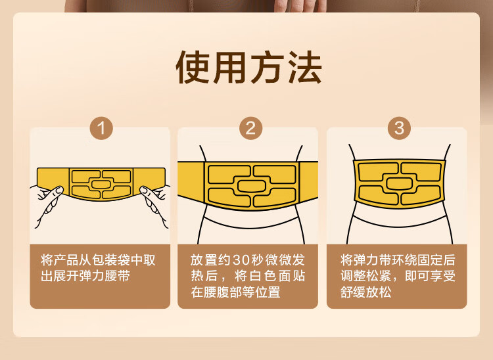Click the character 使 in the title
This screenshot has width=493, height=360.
coord(193,67)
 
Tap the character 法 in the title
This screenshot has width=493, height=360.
coord(305,67)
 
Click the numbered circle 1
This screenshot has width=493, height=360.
coord(101,128)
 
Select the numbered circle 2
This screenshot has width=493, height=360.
coord(250,128)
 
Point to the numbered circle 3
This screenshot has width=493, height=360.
coord(399,128)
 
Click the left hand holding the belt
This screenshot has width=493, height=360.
coord(47,202)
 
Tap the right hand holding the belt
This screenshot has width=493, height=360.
coord(154,202)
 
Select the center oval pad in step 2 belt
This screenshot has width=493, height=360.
coord(250,186)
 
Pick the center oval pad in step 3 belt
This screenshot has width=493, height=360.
coord(399,183)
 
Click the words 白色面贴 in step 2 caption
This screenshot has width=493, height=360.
coord(277,276)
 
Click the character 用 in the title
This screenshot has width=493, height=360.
coord(230,67)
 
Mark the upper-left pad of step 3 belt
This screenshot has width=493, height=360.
coord(378,172)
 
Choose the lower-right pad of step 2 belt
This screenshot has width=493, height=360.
coord(274,197)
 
